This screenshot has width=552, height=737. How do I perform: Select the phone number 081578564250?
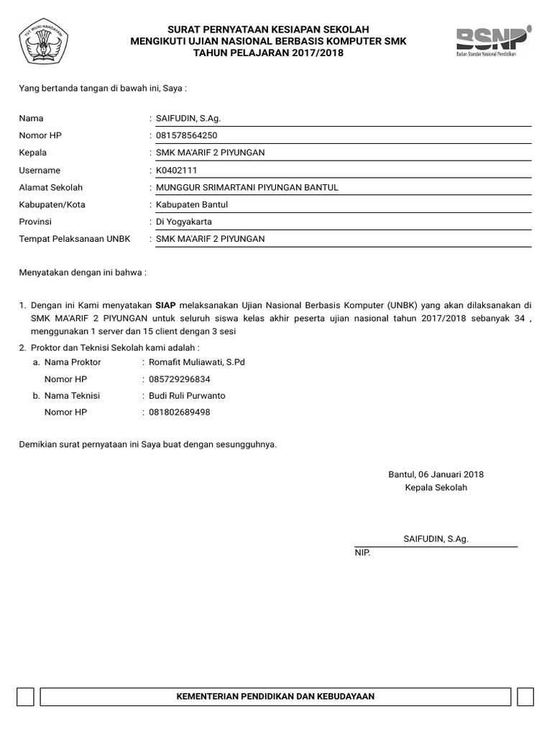pos(187,135)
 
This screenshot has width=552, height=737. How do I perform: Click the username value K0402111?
pos(176,171)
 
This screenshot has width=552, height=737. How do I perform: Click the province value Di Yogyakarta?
pos(184,222)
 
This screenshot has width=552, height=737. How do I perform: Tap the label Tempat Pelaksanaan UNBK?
pos(75,239)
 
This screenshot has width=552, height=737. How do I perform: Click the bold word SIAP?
pos(165,305)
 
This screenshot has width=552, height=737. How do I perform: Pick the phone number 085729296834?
pos(180,379)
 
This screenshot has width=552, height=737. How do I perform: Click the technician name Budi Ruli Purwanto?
pos(187,396)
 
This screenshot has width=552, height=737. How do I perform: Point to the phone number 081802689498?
pos(180,412)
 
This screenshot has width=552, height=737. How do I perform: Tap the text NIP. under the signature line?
pos(362,553)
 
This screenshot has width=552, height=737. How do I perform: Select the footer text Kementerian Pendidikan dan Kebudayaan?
pos(276,697)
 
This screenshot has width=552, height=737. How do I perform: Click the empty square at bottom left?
pos(25,697)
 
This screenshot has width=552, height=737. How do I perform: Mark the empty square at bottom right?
pos(525,697)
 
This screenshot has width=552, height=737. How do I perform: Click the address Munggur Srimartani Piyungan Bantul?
pos(247,188)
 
